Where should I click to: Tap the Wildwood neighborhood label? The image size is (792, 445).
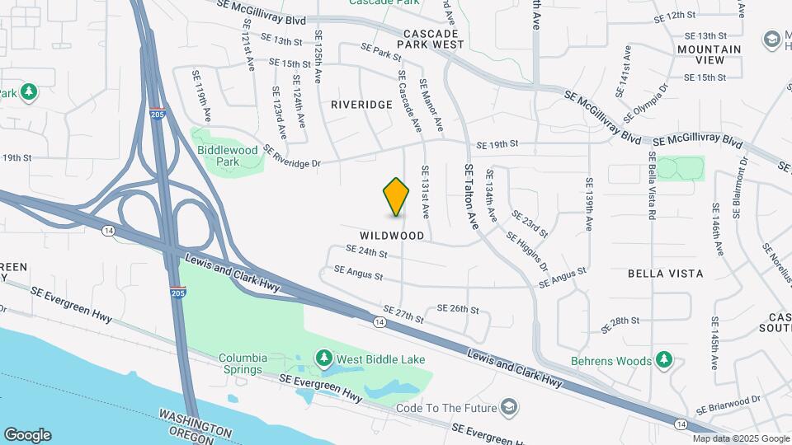point(392,236)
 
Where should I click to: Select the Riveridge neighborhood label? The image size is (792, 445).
point(361,105)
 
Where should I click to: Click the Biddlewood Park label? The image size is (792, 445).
point(229,156)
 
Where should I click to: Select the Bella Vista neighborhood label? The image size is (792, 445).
point(665,273)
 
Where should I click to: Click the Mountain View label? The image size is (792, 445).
point(709,54)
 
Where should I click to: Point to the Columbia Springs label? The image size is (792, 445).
point(243,363)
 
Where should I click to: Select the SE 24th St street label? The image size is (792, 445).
point(366,251)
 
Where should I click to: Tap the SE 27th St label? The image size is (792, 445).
point(403,314)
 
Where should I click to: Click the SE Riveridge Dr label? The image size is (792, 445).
point(292,157)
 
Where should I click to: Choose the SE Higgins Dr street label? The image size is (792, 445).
point(527,251)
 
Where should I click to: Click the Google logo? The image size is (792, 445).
point(27,434)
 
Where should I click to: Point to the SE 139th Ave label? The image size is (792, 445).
point(589,204)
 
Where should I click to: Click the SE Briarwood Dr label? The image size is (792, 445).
point(727,405)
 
